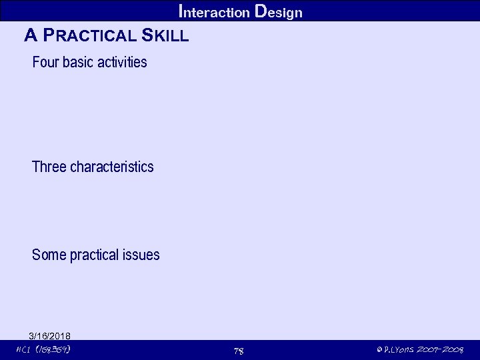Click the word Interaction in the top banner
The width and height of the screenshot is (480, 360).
[x=215, y=12]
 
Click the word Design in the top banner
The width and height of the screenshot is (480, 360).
[x=279, y=12]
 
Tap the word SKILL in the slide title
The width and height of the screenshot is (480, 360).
[x=165, y=35]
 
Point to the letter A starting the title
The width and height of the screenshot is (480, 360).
[x=30, y=35]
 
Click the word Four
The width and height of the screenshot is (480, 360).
[x=45, y=63]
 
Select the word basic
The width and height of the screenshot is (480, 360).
[x=79, y=63]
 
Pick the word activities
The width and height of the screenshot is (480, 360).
[x=123, y=63]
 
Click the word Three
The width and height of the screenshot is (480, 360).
[x=49, y=167]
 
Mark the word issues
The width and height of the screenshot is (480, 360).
[x=142, y=255]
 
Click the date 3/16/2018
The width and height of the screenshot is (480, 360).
[x=50, y=335]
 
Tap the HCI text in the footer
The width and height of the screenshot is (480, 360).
[x=23, y=349]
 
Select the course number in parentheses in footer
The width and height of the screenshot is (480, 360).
[x=55, y=349]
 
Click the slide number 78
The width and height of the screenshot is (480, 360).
[x=239, y=351]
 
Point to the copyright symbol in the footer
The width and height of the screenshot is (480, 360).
[x=379, y=350]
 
